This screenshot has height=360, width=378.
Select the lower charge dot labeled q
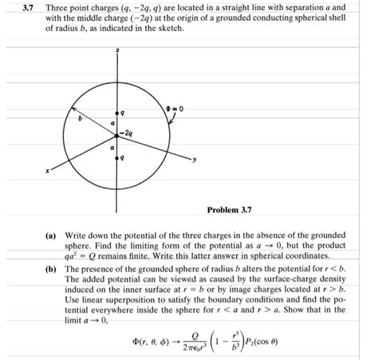pos(117,159)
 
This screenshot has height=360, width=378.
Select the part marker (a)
pos(50,237)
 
